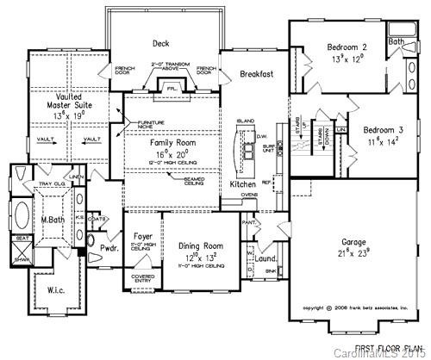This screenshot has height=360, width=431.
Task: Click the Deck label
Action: pos(160,42)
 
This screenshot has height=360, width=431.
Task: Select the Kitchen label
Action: pos(244,184)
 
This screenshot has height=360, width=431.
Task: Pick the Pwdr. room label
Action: pos(109,247)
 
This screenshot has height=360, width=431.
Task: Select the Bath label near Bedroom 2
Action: pos(397,40)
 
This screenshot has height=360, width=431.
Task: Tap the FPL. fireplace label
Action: pos(171,87)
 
